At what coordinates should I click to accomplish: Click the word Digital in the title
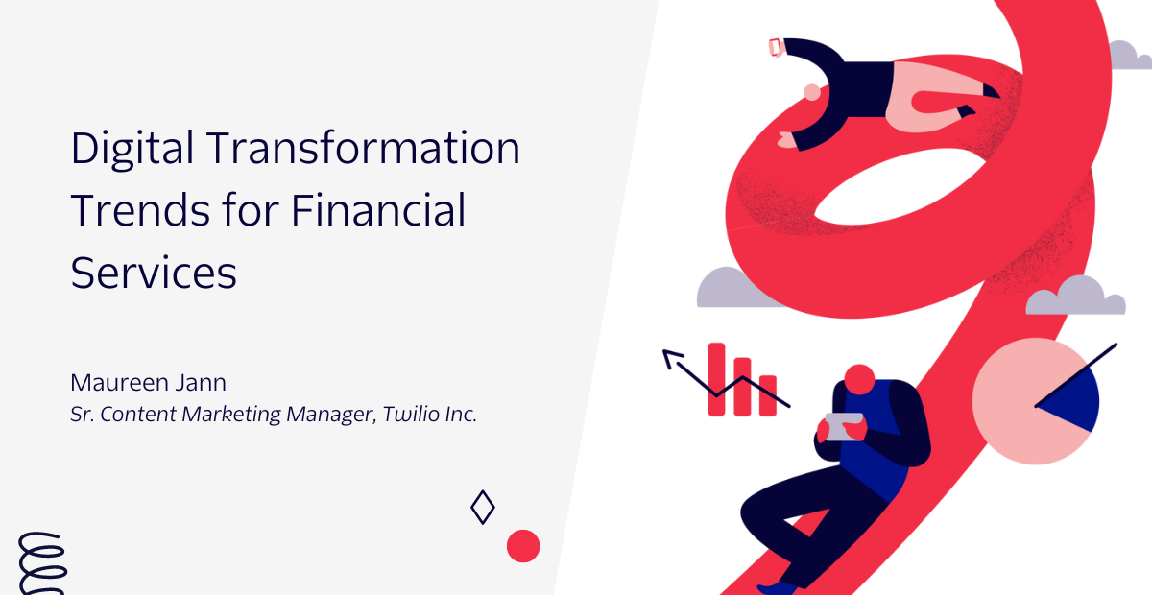click(x=132, y=149)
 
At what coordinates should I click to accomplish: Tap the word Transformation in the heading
click(x=364, y=148)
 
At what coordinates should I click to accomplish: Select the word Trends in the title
click(x=140, y=210)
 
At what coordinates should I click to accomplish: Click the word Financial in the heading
click(x=378, y=210)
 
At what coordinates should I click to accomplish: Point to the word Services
click(x=154, y=274)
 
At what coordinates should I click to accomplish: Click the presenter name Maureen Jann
click(x=148, y=383)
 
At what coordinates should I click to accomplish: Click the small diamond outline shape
click(x=482, y=507)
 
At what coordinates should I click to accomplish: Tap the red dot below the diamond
click(x=523, y=546)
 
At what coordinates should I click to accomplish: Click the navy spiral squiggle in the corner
click(x=42, y=563)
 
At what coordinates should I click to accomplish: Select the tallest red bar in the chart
click(x=716, y=379)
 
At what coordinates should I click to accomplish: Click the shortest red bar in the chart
click(x=768, y=395)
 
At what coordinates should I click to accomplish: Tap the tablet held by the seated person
click(x=845, y=426)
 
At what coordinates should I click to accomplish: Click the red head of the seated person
click(x=859, y=379)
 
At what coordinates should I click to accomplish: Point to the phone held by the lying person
click(x=776, y=47)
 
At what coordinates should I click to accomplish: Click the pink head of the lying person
click(x=812, y=92)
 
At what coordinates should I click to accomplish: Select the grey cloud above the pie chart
click(x=1076, y=297)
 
